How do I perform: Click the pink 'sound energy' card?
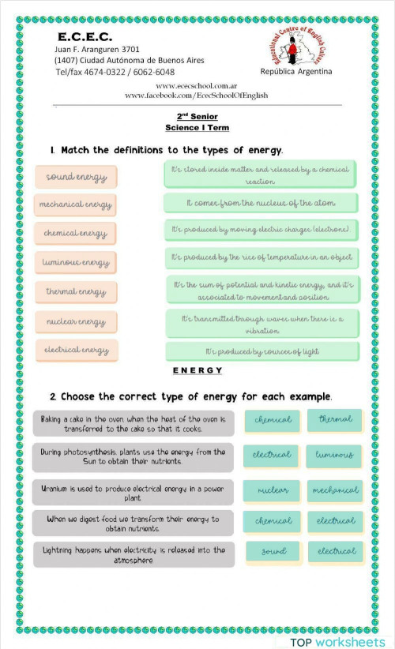76,177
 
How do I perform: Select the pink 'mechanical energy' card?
76,205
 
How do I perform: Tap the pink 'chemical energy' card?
76,234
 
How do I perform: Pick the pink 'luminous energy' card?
76,262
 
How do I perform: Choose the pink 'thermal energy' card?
76,292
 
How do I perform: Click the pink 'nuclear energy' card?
76,321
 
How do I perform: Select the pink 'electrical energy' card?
76,350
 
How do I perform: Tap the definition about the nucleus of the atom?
261,204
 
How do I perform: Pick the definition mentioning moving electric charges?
261,231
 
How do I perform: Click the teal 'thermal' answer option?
335,420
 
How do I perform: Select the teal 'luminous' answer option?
335,456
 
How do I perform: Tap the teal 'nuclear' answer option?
273,491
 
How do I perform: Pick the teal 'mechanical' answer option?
335,491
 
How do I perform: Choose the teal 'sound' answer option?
273,551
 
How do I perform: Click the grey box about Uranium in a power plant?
134,493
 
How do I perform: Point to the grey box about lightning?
134,554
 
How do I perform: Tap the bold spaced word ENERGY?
197,371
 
